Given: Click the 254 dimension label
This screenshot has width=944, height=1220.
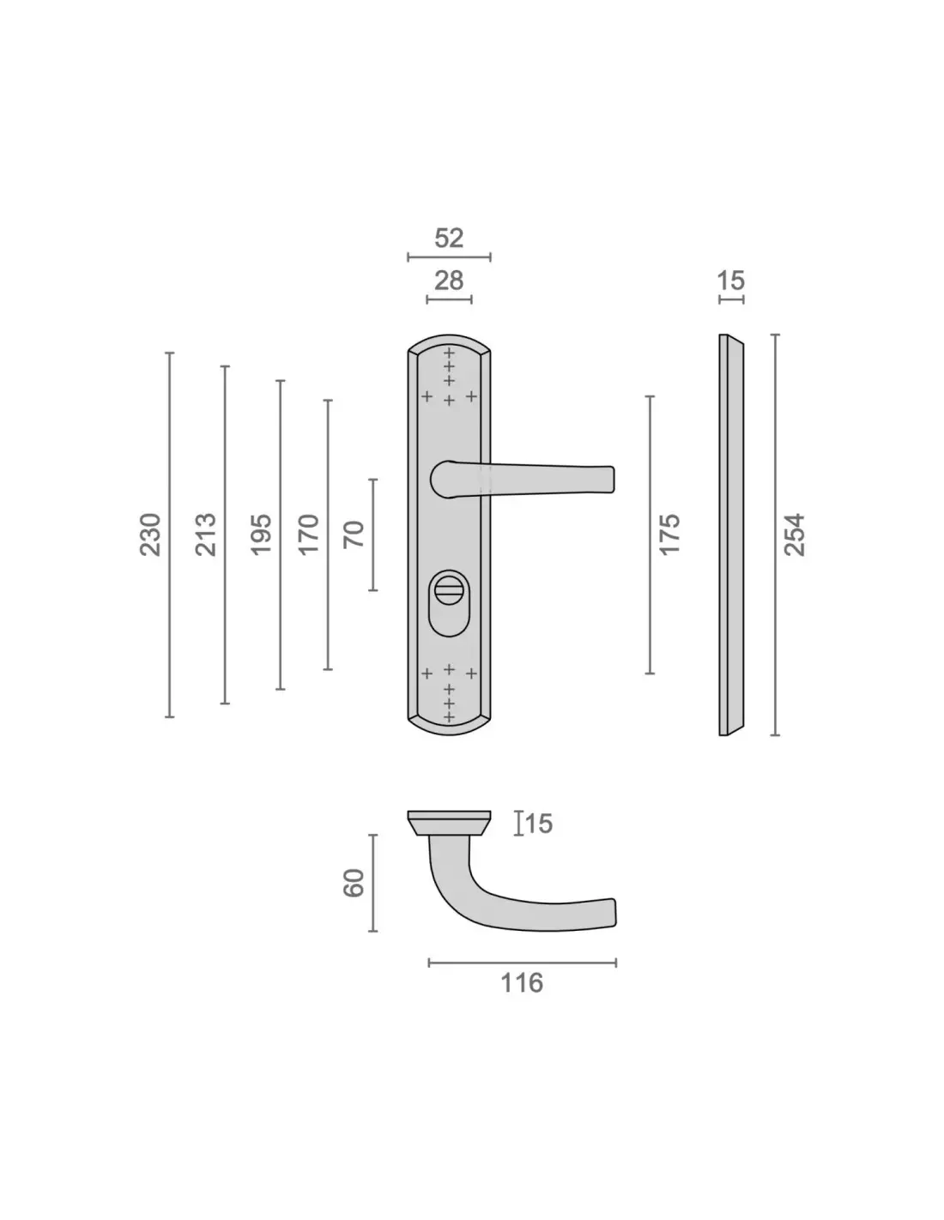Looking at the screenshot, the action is click(795, 535).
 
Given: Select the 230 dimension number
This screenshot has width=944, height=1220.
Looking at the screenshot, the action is click(150, 535).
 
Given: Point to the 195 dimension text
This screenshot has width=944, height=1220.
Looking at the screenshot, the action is click(261, 535).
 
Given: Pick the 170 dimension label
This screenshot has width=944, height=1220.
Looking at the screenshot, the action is click(308, 535).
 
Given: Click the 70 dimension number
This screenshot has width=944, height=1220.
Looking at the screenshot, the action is click(354, 535).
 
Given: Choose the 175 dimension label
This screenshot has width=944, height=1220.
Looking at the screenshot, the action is click(669, 535).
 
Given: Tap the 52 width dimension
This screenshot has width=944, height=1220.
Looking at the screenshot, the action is click(449, 238).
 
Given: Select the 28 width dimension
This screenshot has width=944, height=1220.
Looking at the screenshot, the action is click(449, 281).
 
